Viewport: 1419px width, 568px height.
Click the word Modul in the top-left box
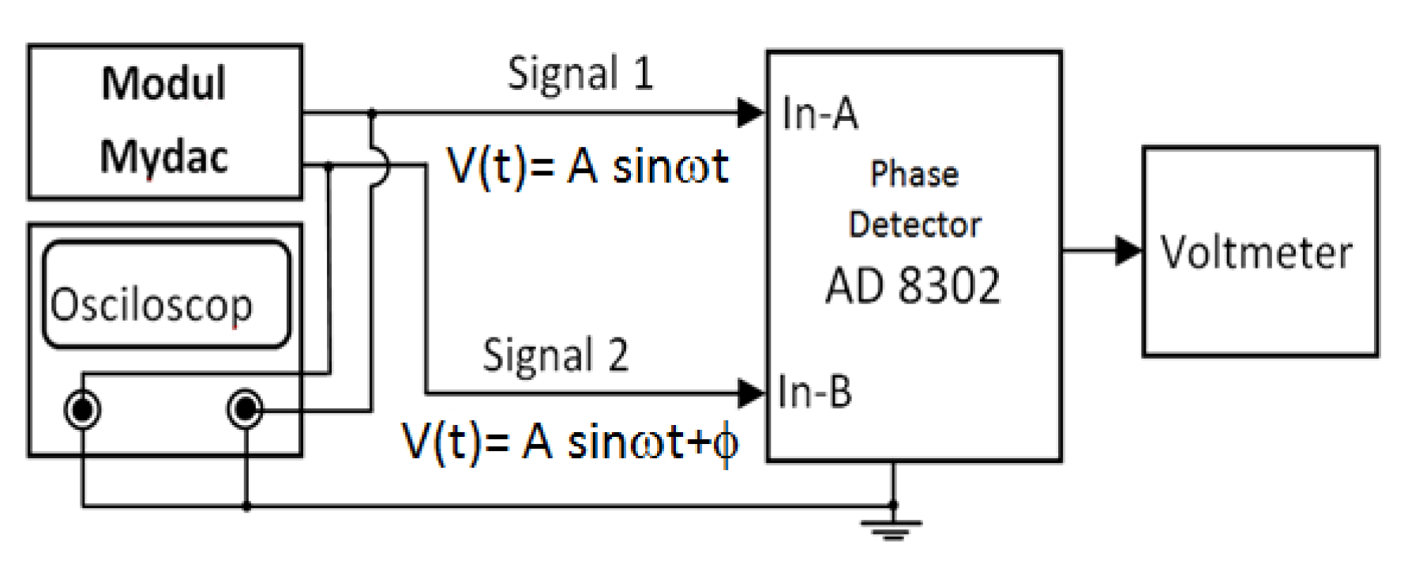click(163, 83)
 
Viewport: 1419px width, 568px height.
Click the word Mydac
click(163, 156)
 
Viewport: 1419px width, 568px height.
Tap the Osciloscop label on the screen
click(152, 304)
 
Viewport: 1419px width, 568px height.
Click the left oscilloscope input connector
click(82, 410)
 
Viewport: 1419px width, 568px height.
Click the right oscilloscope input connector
click(245, 409)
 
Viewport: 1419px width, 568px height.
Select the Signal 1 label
click(580, 74)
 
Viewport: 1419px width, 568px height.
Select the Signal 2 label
click(555, 355)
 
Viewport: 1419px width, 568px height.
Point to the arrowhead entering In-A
click(750, 113)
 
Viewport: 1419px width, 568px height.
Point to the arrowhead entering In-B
click(750, 393)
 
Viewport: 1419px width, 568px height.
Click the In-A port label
click(819, 113)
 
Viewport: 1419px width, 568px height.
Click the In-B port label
click(814, 392)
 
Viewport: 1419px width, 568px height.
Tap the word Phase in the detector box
click(914, 174)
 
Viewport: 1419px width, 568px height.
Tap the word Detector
click(914, 225)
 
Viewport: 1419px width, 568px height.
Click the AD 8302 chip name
click(912, 286)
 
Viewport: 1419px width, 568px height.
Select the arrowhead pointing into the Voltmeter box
click(1128, 251)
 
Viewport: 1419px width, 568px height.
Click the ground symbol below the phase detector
click(892, 528)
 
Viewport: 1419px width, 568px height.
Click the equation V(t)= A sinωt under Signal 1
click(587, 167)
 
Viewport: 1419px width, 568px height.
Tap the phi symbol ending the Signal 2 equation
click(725, 444)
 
